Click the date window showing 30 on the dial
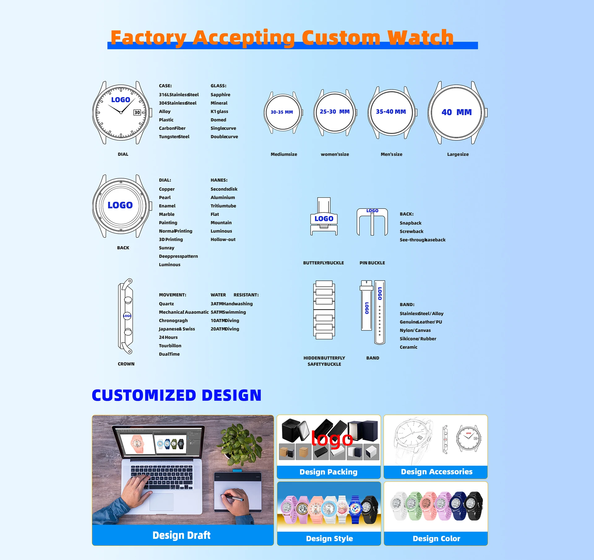coord(137,112)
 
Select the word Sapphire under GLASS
coord(220,95)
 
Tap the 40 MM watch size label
coord(456,112)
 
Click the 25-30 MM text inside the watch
coord(334,111)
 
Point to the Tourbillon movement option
coord(170,346)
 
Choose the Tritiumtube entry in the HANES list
coord(223,206)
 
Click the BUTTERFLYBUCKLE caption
coord(323,263)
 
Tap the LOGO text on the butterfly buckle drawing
coord(324,219)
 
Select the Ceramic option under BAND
coord(408,347)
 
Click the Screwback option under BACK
coord(411,231)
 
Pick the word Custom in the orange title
coord(341,37)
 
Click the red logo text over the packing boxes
coord(332,439)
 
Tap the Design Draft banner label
coord(181,535)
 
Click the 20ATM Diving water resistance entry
coord(225,329)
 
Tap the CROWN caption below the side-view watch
coord(126,364)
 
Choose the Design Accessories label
coord(436,471)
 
